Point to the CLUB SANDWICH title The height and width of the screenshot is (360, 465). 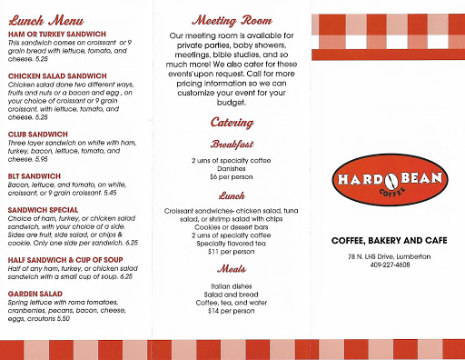(39, 134)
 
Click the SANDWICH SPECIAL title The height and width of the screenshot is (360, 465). (44, 208)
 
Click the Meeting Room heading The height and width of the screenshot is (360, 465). (232, 19)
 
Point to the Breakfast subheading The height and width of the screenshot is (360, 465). (232, 144)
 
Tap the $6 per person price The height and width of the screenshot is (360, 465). (232, 177)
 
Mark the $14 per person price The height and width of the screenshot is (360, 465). (232, 310)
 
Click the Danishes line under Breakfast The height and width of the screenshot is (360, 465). (232, 169)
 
